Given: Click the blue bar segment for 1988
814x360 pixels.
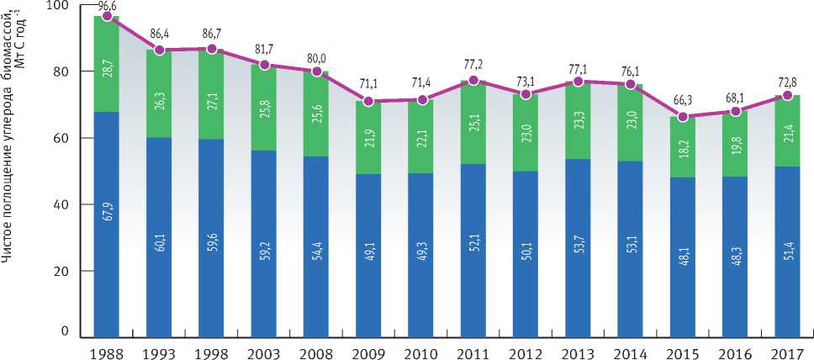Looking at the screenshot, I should coord(106,252).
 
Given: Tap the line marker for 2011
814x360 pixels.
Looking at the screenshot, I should coord(473,81).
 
